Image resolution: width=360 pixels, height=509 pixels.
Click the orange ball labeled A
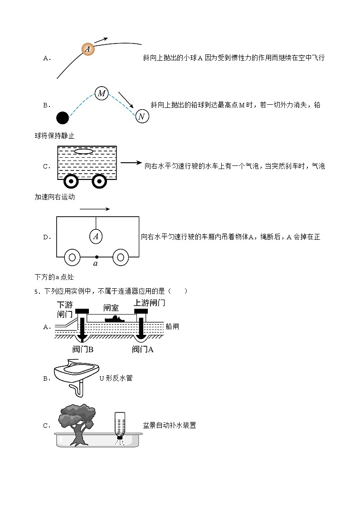coord(88,49)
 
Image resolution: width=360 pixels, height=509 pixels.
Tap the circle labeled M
coord(102,93)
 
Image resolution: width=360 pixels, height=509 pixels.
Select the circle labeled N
coord(141,116)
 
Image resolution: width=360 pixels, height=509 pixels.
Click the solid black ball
coord(63,118)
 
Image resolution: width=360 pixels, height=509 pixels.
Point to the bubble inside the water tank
coord(83,151)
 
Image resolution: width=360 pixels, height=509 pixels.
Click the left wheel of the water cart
coord(71,181)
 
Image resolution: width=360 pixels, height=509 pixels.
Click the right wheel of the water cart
coord(99,181)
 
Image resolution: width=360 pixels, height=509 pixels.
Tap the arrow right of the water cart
coord(132,163)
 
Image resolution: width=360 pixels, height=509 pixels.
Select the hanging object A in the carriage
coord(95,236)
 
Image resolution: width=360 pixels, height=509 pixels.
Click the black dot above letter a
coord(96,257)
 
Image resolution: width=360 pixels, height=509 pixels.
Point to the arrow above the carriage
coord(95,209)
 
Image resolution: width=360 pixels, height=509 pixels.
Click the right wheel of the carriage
coord(120,257)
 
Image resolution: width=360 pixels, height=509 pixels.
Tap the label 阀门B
coord(83,349)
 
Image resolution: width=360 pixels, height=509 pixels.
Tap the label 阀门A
coord(143,349)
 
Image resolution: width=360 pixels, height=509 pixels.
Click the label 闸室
coord(111,308)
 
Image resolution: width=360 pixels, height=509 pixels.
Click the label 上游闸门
coord(149,303)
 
